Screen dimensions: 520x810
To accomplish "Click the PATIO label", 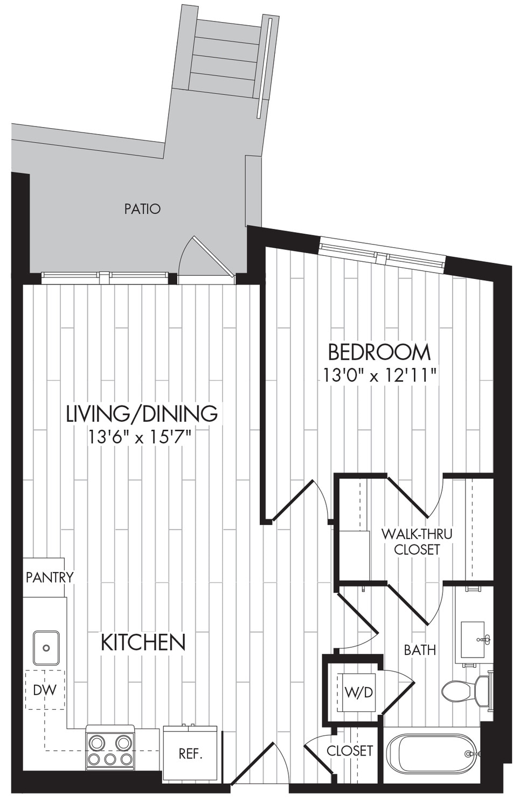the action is pos(142,209).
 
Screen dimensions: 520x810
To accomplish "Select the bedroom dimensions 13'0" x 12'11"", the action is pos(379,376).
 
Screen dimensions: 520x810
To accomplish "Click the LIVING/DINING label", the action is pos(142,414).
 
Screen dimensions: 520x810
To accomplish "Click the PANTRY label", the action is pos(50,577).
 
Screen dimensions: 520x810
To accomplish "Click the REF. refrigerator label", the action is pos(190,753).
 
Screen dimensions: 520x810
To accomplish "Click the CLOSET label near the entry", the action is pos(350,751).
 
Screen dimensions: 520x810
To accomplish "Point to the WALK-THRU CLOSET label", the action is pos(417,542).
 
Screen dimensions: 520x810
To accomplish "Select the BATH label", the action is pos(420,650).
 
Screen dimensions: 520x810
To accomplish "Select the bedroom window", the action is pos(382,255).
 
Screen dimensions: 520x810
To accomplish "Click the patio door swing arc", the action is pos(185,253).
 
